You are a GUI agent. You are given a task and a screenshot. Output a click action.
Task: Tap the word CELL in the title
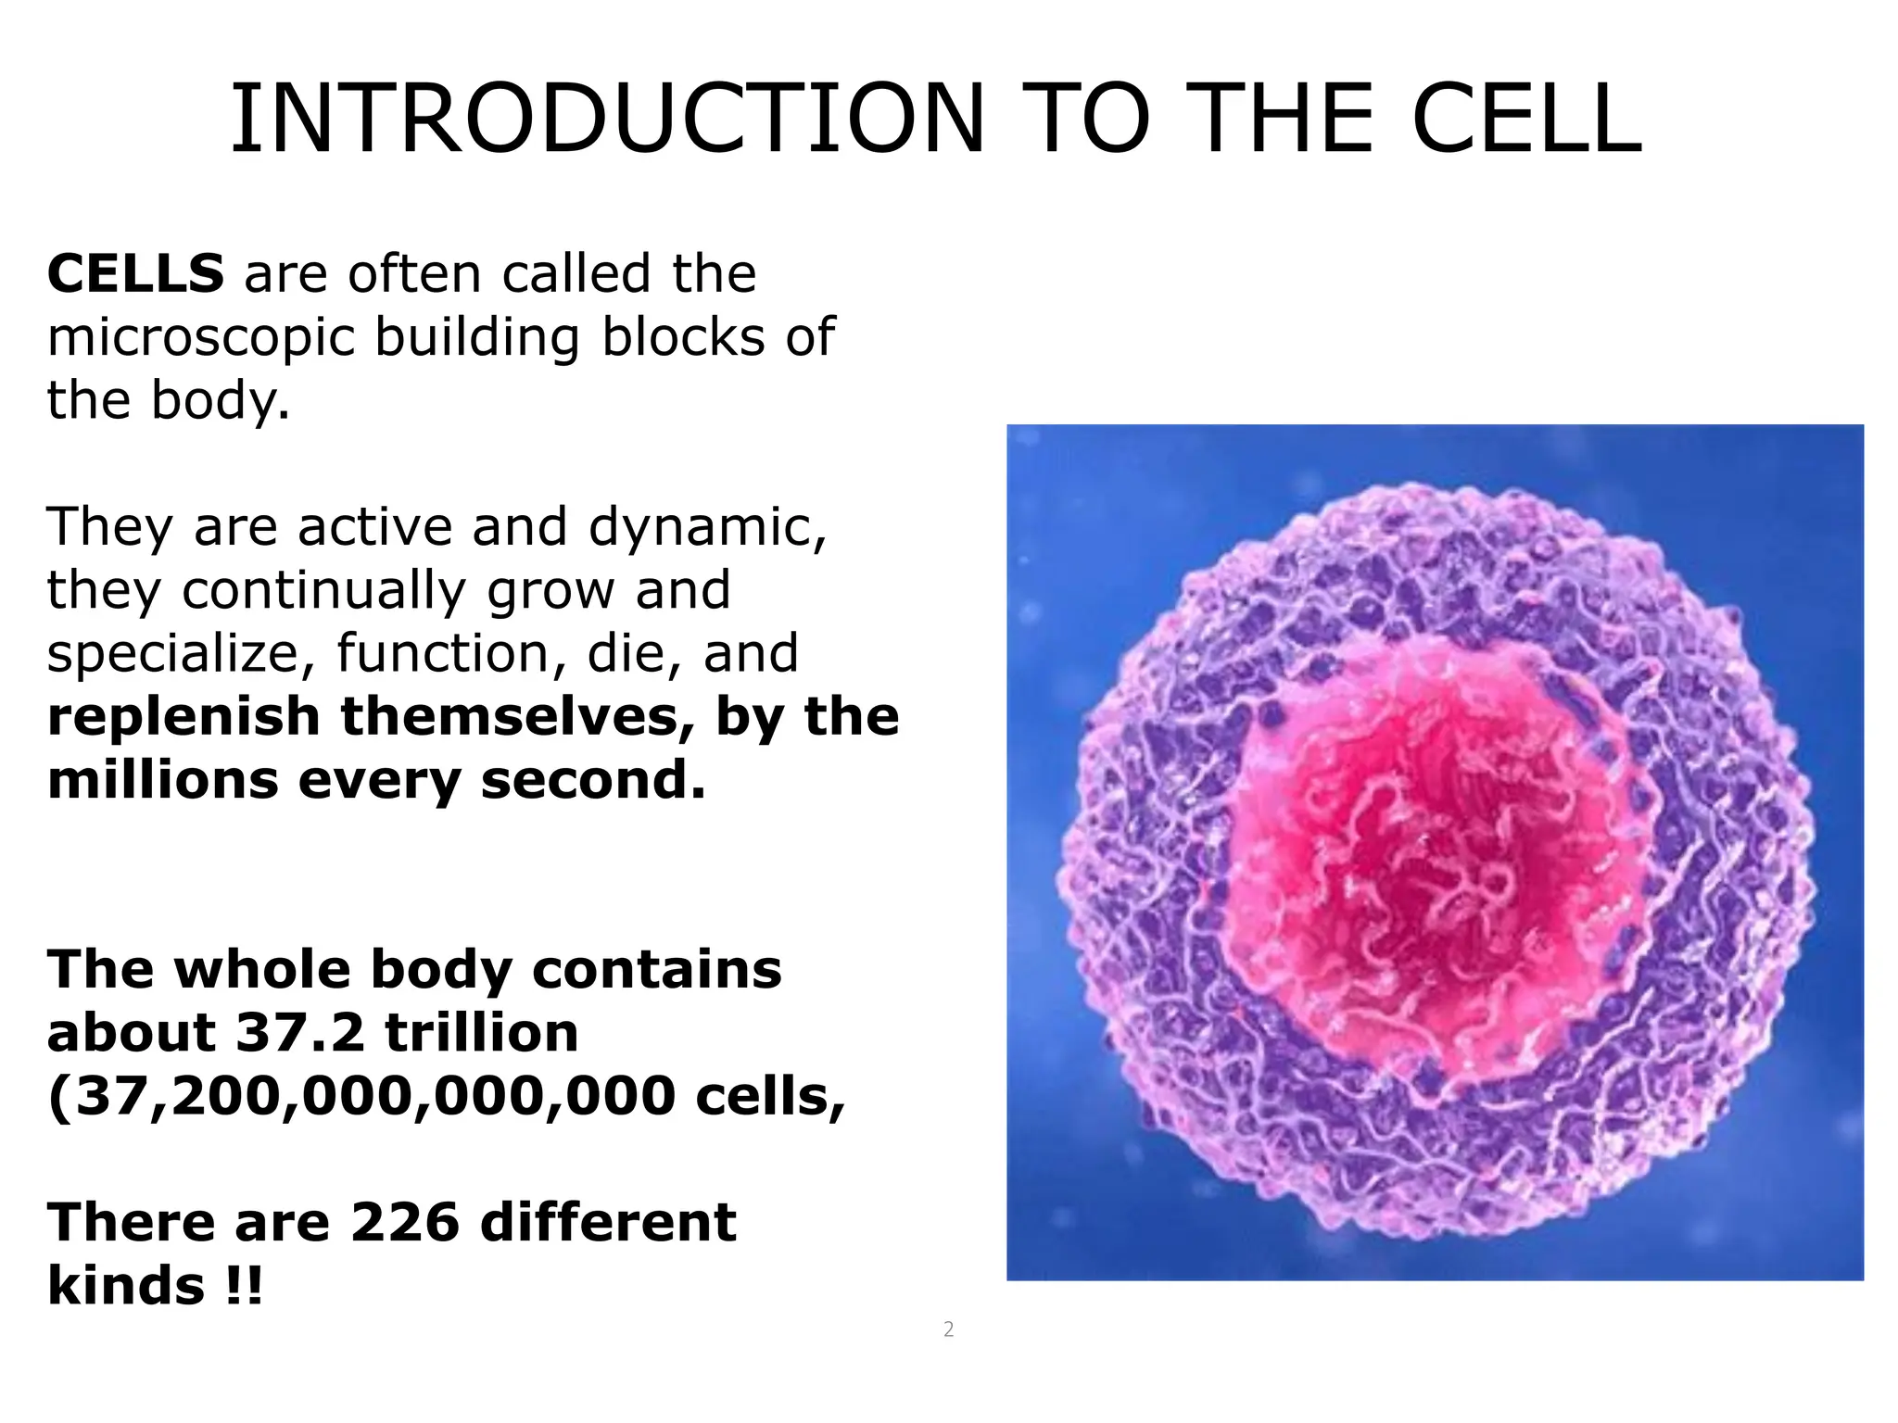tap(1526, 120)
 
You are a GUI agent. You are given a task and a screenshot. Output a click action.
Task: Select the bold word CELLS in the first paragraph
tap(135, 273)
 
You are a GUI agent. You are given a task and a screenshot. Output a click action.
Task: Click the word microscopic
tap(201, 338)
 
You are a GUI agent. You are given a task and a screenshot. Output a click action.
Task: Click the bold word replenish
tap(183, 717)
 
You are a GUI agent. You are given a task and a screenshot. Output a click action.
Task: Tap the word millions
tap(163, 780)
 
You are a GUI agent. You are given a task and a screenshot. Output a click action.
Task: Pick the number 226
tap(404, 1222)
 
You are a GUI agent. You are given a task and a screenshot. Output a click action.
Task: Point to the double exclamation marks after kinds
tap(244, 1286)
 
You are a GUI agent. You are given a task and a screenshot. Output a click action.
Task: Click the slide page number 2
tap(948, 1330)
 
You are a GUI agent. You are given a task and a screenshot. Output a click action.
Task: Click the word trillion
tap(482, 1033)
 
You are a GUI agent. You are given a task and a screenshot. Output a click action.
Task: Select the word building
tap(476, 338)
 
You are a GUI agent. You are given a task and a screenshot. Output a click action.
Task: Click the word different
tap(608, 1222)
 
